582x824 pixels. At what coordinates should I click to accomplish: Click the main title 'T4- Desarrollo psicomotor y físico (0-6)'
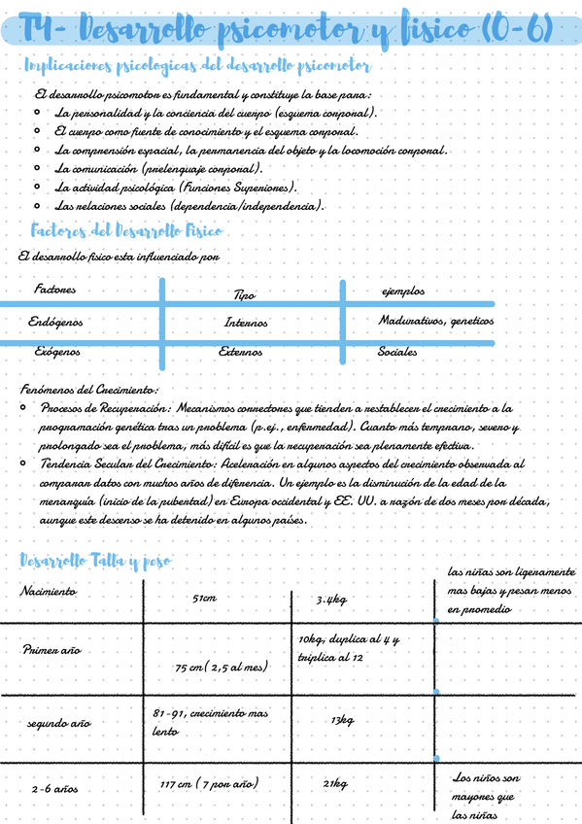tap(288, 32)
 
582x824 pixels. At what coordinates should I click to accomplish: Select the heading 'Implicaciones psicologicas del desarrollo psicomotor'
tap(195, 67)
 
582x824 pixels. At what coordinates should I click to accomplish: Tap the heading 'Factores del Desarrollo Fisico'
tap(127, 231)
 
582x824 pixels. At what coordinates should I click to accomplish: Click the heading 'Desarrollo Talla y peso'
tap(95, 561)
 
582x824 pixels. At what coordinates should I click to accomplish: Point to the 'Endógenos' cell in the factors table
tap(56, 321)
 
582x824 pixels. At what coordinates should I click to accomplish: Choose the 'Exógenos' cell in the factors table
tap(57, 352)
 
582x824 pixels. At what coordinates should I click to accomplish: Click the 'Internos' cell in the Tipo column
tap(246, 323)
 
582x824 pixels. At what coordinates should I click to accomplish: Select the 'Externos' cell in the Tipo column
tap(240, 352)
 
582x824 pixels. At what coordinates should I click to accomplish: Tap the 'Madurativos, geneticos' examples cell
tap(435, 321)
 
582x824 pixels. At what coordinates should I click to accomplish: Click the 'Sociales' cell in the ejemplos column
tap(397, 352)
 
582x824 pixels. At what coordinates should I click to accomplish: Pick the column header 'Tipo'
tap(245, 294)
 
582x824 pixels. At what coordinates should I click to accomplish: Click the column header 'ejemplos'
tap(403, 292)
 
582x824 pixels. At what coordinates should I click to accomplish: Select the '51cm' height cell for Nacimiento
tap(204, 599)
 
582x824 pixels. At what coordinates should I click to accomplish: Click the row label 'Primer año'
tap(51, 650)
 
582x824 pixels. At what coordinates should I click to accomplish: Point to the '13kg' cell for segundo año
tap(342, 720)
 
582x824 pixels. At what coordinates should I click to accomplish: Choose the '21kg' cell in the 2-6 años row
tap(335, 784)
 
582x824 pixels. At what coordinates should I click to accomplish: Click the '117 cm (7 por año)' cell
tap(210, 783)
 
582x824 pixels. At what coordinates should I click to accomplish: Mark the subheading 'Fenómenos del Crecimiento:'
tap(88, 389)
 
